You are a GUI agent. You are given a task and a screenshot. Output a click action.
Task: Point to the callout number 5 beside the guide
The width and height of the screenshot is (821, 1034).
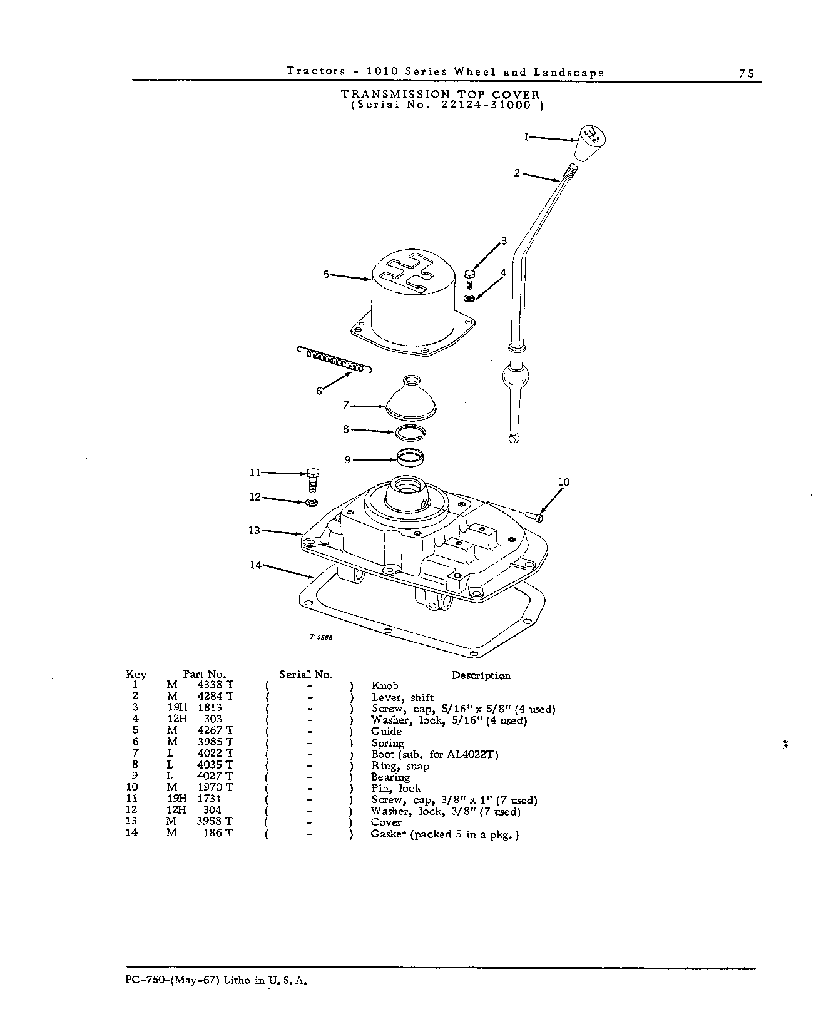click(x=326, y=274)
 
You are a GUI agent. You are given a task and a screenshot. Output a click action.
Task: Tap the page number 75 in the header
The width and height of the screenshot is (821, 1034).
click(x=747, y=73)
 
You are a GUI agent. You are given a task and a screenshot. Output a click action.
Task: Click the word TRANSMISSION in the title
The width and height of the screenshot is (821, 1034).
click(x=395, y=94)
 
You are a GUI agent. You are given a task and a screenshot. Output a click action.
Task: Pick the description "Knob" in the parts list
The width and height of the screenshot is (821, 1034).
click(x=384, y=685)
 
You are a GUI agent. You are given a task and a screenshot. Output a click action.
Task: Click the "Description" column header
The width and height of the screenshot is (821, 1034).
click(x=481, y=675)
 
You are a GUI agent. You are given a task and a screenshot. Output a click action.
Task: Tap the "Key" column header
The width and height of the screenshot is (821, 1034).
click(x=136, y=674)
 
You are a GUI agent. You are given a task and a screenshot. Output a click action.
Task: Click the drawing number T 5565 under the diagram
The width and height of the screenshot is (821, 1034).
click(x=320, y=637)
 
